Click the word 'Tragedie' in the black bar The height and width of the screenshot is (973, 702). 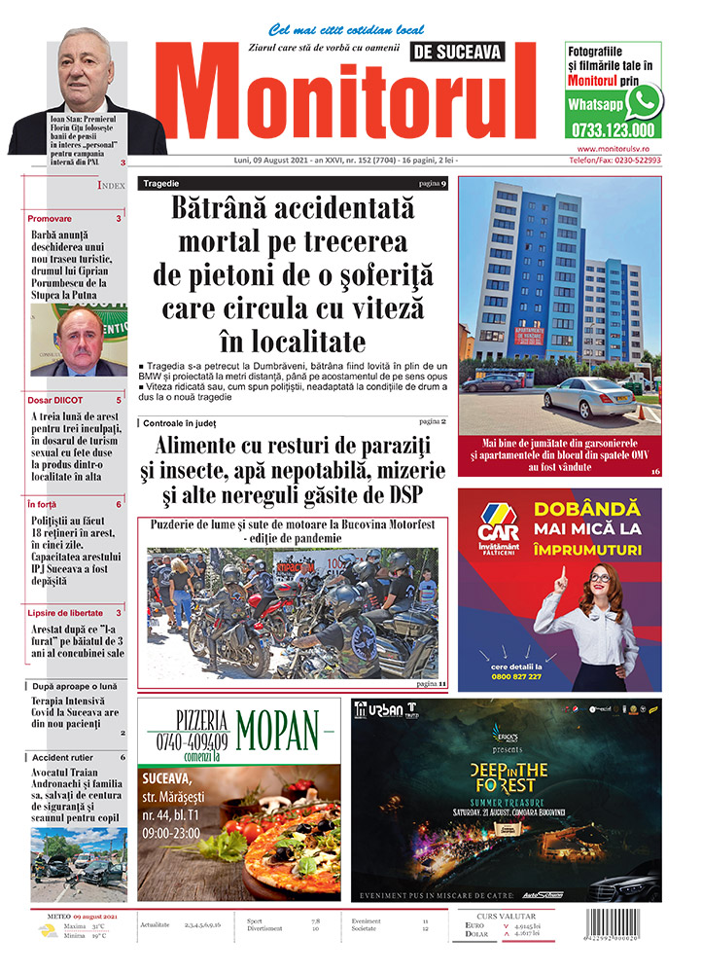pos(161,183)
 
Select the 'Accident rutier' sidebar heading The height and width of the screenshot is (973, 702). pos(62,757)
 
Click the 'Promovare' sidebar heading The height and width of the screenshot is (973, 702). pos(50,219)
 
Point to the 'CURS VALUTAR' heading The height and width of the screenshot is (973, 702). pos(532,916)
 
